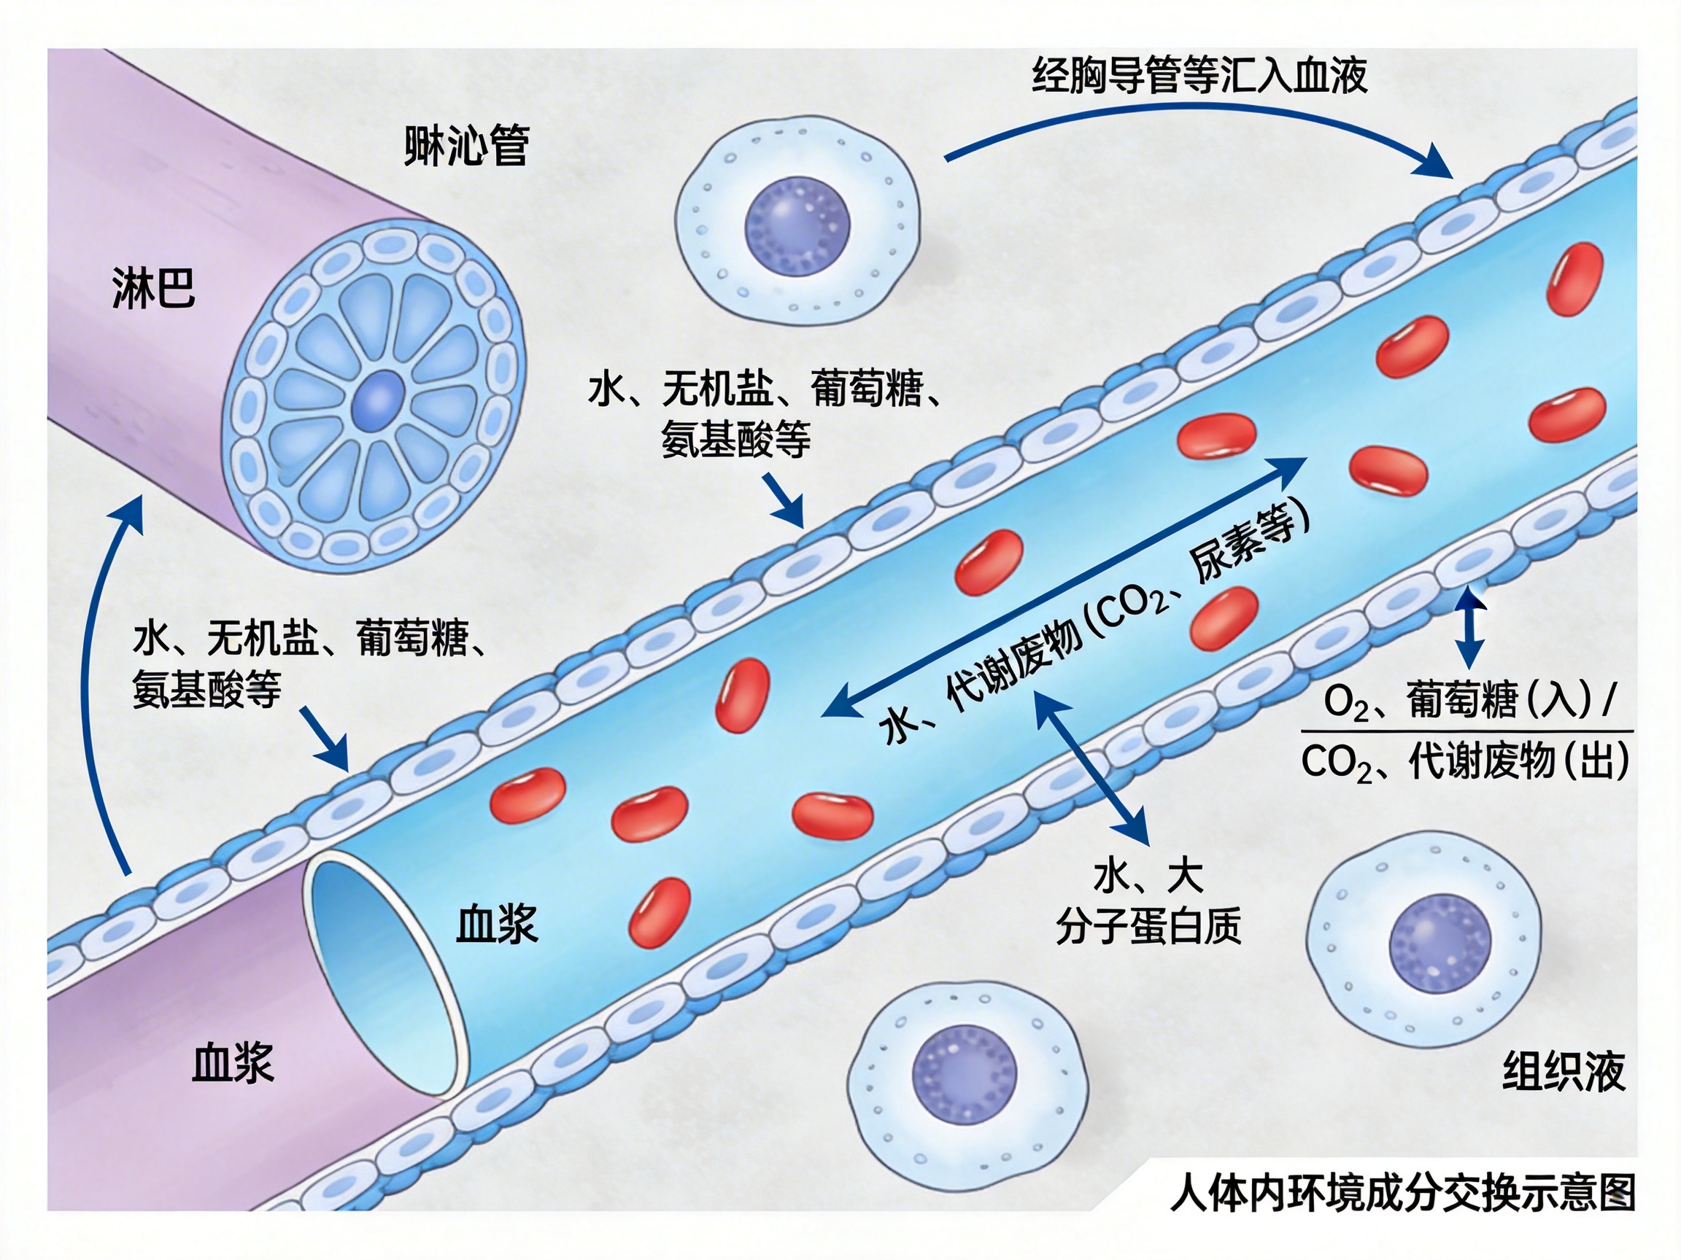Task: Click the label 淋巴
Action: coord(153,289)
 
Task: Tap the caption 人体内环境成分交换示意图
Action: coord(1403,1193)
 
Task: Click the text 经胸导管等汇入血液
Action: coord(1199,75)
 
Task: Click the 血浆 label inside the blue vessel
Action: coord(497,925)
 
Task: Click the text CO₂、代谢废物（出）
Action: coord(1465,761)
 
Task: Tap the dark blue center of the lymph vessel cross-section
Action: coord(378,402)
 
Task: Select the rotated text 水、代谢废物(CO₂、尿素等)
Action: coord(1094,623)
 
